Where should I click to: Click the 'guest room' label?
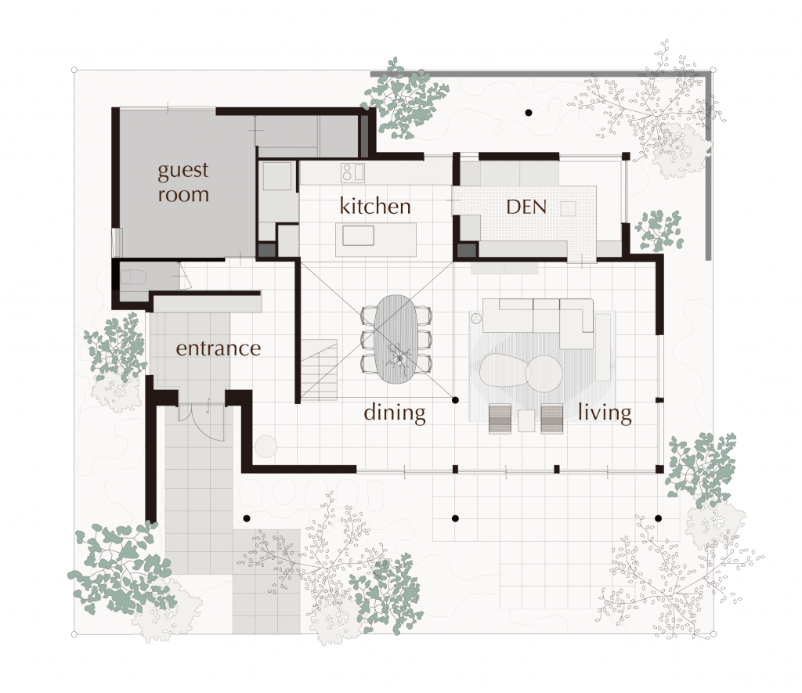(x=183, y=182)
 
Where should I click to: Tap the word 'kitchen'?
(x=375, y=206)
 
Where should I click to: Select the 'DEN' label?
(x=526, y=207)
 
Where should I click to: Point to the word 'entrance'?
(x=219, y=348)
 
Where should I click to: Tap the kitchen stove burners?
(x=352, y=173)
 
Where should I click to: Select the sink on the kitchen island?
(x=359, y=236)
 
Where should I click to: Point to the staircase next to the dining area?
(x=319, y=370)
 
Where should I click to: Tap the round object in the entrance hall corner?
(x=266, y=446)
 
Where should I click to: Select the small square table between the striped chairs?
(x=526, y=420)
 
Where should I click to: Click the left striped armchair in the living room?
(x=500, y=419)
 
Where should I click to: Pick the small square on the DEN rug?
(x=569, y=208)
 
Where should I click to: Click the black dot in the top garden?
(x=529, y=113)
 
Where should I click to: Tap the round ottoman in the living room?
(x=544, y=374)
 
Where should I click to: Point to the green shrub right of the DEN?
(x=659, y=230)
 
